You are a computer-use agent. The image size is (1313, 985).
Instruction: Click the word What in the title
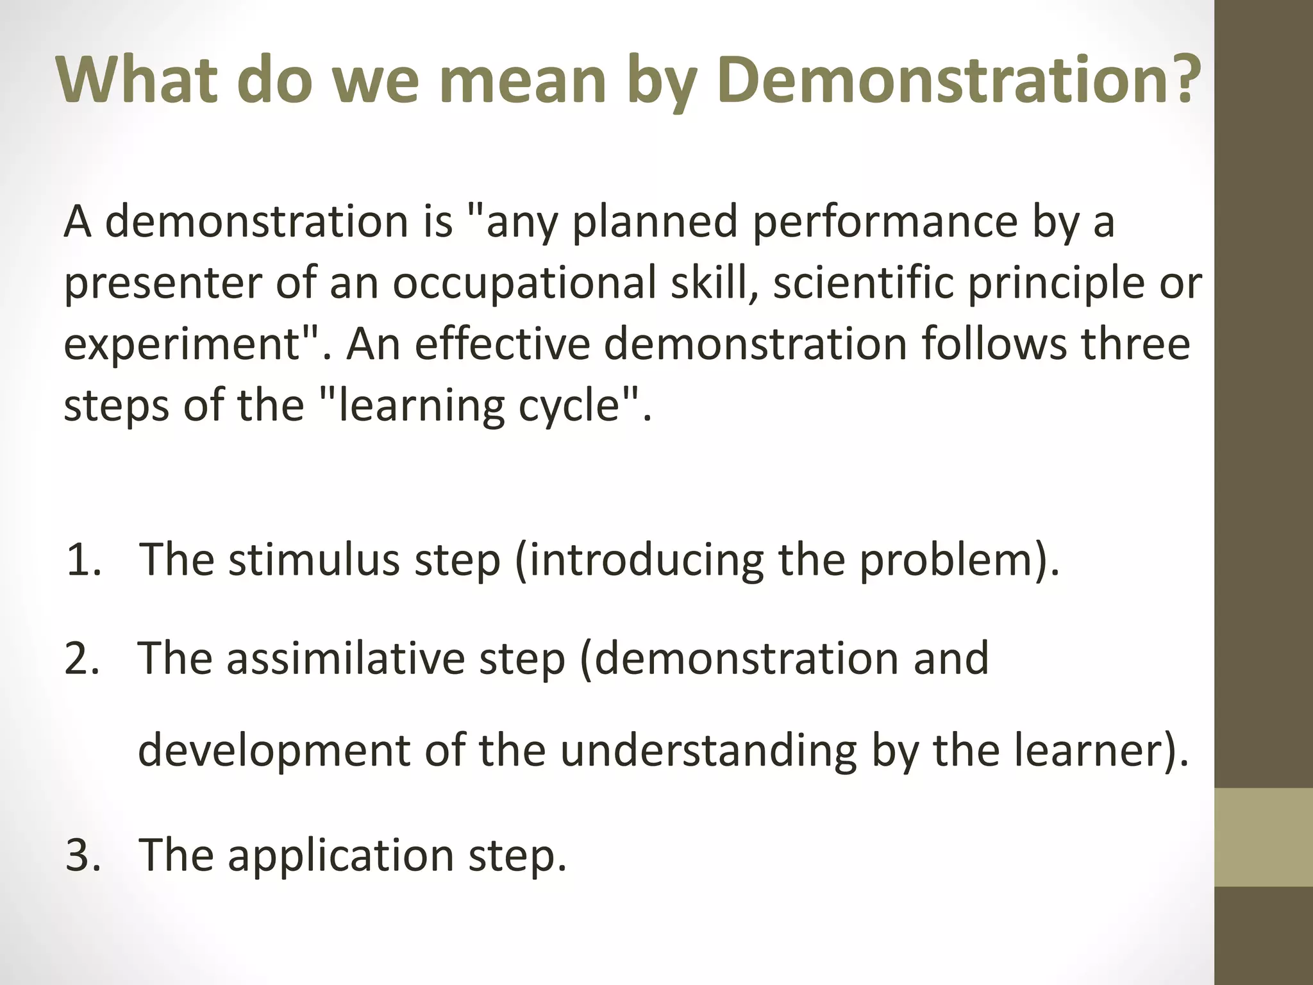[x=137, y=80]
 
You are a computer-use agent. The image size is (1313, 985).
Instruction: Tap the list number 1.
[x=83, y=560]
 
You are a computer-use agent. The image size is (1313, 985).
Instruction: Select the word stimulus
[x=314, y=560]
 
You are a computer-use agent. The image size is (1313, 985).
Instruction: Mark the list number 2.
[x=83, y=659]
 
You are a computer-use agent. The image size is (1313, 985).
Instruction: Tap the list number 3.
[x=83, y=855]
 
